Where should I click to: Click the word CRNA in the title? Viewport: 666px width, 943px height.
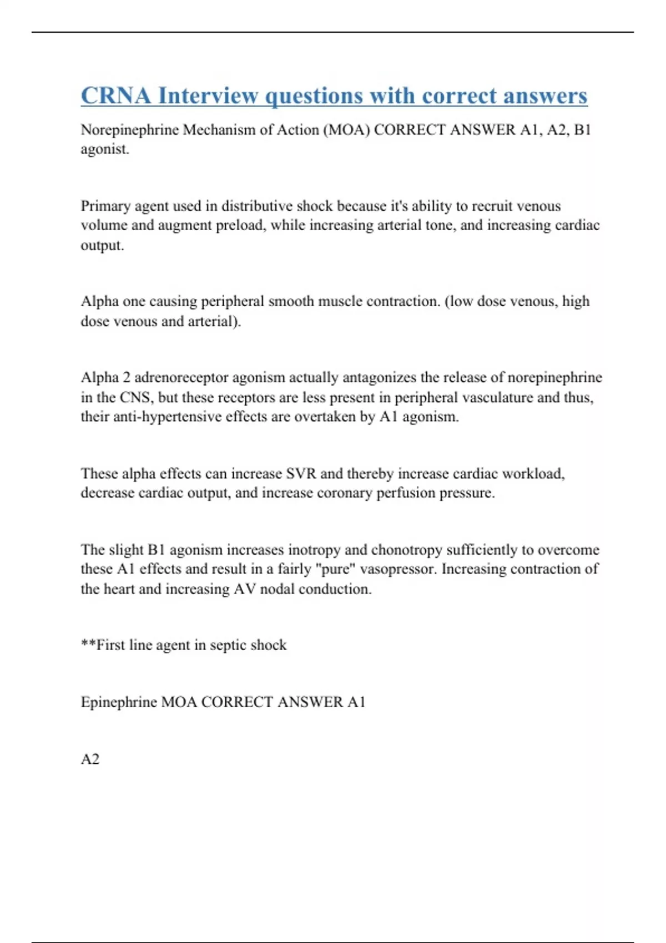[x=115, y=95]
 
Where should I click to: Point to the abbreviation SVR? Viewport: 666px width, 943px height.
[x=301, y=474]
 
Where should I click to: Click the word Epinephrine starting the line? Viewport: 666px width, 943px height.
[x=119, y=702]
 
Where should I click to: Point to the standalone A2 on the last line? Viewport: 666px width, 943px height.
[x=90, y=759]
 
